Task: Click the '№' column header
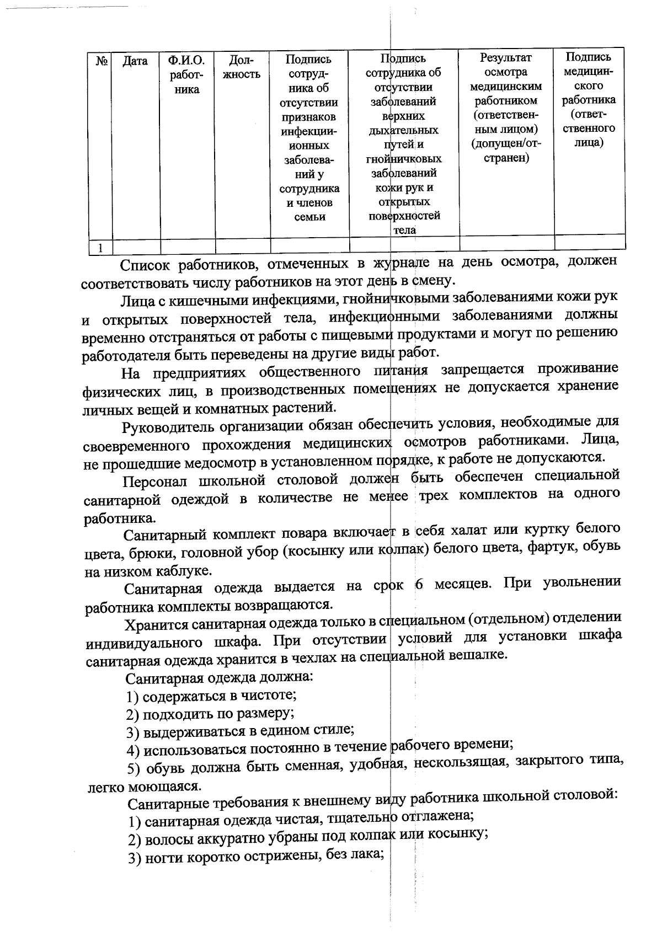(x=101, y=61)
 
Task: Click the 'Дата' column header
(x=135, y=61)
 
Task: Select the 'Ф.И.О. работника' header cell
(x=187, y=74)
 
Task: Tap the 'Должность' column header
(x=242, y=67)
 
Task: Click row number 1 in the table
(x=100, y=248)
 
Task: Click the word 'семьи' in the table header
(x=309, y=217)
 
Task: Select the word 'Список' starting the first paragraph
(x=146, y=265)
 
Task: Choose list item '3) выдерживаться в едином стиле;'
(x=240, y=731)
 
